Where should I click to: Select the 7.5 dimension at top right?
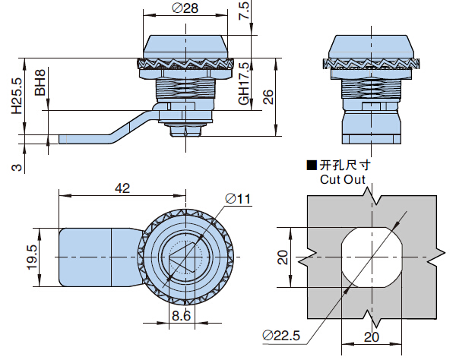tap(243, 11)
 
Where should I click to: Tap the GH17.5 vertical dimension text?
tap(243, 82)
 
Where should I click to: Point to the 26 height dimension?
tap(268, 96)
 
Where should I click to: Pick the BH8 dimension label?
tap(40, 83)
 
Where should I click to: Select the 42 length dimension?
tap(123, 187)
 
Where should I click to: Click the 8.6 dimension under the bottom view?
tap(180, 315)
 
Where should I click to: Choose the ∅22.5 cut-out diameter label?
tap(281, 335)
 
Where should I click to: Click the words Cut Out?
tap(342, 180)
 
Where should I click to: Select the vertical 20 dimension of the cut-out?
tap(283, 257)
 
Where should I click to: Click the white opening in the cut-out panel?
tap(372, 257)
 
